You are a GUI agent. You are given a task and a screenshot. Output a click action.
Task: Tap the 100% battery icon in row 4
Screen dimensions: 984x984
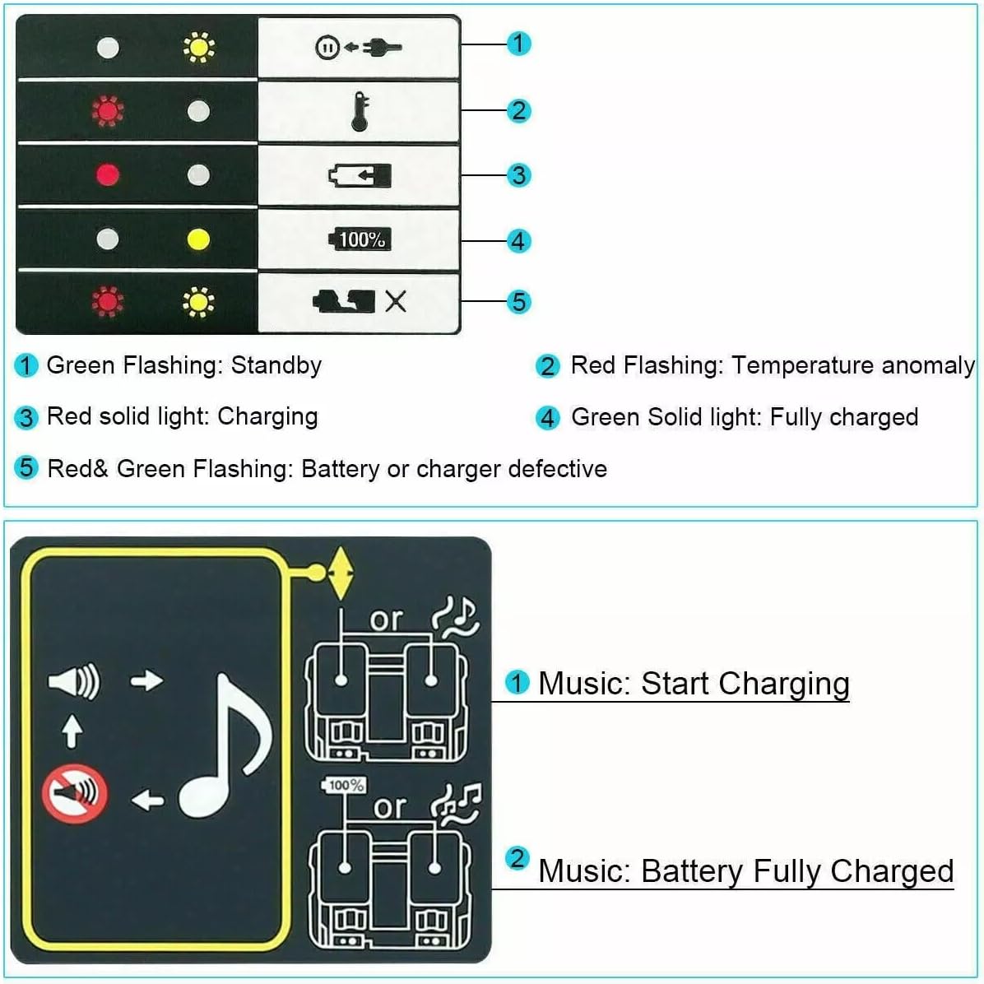[359, 239]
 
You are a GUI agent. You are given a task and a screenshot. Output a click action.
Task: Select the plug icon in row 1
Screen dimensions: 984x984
[383, 47]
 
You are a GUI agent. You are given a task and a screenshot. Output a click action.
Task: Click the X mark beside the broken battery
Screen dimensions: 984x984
[396, 302]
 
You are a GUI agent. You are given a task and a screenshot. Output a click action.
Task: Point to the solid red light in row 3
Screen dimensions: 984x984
[108, 174]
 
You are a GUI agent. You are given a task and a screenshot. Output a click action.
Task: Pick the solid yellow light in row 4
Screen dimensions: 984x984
[198, 239]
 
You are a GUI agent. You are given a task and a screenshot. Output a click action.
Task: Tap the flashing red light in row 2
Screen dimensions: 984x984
[108, 111]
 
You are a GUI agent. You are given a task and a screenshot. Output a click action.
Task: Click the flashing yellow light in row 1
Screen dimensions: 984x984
[198, 48]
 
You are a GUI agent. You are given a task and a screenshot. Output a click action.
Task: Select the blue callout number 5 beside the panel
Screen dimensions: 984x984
[518, 302]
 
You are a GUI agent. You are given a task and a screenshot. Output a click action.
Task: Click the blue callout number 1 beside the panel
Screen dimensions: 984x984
[518, 43]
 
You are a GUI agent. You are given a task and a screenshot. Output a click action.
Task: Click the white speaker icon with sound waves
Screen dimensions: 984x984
[74, 682]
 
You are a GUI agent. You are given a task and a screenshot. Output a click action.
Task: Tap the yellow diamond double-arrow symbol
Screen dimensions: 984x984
[340, 573]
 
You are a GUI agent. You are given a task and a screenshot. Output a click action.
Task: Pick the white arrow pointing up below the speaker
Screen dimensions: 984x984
[72, 731]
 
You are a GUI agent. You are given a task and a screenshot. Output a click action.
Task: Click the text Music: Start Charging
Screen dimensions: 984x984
[693, 684]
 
